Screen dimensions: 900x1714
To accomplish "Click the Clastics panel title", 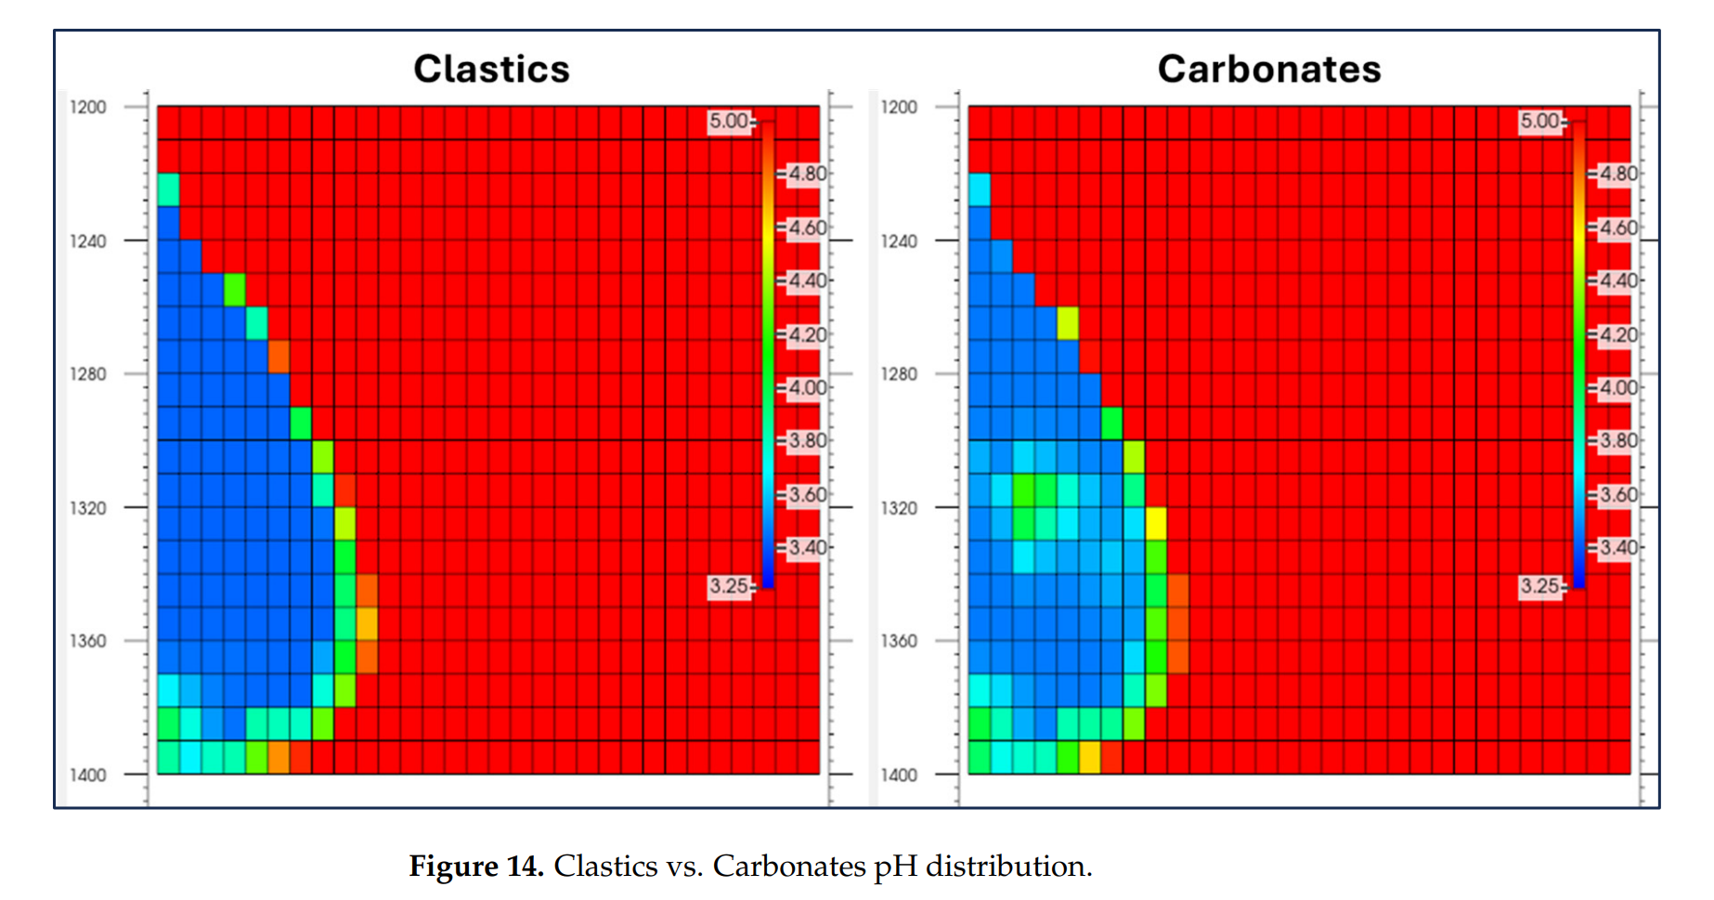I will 491,69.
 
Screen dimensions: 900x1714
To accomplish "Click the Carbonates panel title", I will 1268,69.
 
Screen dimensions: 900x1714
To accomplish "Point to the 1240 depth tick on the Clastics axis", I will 88,241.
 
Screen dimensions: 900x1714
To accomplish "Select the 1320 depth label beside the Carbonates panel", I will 899,508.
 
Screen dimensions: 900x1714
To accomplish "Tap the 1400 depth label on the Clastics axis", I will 88,775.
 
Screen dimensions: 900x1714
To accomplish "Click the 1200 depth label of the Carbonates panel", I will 899,107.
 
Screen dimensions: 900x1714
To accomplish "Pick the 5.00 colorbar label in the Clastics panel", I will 728,121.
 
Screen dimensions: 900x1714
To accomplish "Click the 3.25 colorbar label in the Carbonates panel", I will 1539,586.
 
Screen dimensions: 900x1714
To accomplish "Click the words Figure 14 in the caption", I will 475,866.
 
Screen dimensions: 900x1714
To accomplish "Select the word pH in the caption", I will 895,867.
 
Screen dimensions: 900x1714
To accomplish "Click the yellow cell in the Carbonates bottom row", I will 1089,757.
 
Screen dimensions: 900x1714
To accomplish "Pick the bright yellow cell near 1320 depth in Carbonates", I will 1156,524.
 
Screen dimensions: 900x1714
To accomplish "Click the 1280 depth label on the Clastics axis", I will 88,374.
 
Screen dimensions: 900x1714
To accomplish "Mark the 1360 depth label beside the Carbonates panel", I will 899,641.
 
